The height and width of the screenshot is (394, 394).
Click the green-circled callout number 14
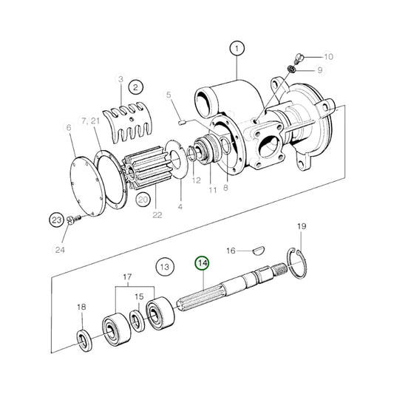pyautogui.click(x=202, y=263)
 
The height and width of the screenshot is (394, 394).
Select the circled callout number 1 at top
pyautogui.click(x=237, y=50)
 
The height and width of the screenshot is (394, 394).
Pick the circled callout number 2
pyautogui.click(x=136, y=86)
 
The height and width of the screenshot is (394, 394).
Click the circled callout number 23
pyautogui.click(x=57, y=220)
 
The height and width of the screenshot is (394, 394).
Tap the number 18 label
pyautogui.click(x=81, y=307)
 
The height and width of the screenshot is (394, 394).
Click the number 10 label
pyautogui.click(x=328, y=56)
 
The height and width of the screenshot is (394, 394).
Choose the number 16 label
pyautogui.click(x=231, y=251)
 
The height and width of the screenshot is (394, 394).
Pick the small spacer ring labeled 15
pyautogui.click(x=137, y=319)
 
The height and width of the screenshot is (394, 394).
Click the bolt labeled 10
pyautogui.click(x=297, y=58)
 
